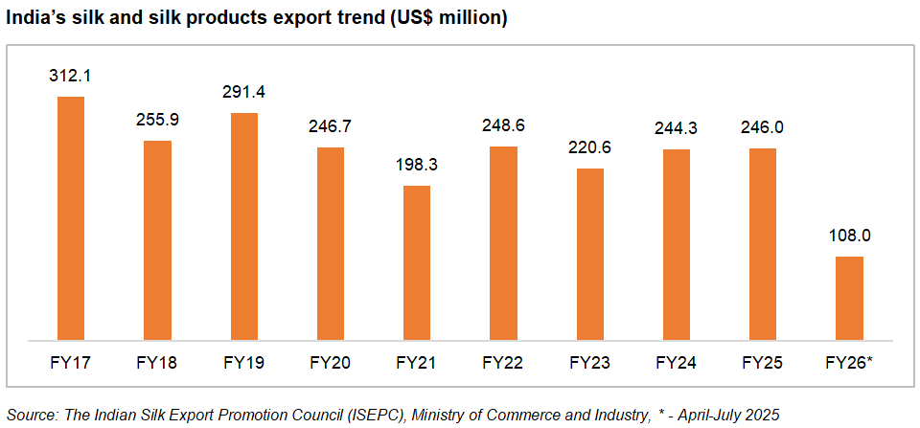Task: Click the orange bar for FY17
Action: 71,218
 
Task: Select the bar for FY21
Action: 417,262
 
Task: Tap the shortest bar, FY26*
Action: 849,298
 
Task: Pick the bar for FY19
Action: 243,226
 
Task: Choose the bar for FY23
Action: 589,254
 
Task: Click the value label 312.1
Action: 71,75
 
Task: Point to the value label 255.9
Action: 157,120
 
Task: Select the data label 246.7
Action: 331,125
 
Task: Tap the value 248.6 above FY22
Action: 503,124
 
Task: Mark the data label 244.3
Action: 677,127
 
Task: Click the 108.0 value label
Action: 849,236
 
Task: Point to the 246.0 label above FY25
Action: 763,126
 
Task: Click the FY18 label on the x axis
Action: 157,364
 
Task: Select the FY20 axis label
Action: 331,364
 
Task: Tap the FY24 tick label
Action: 677,364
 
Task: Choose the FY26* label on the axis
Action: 849,364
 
